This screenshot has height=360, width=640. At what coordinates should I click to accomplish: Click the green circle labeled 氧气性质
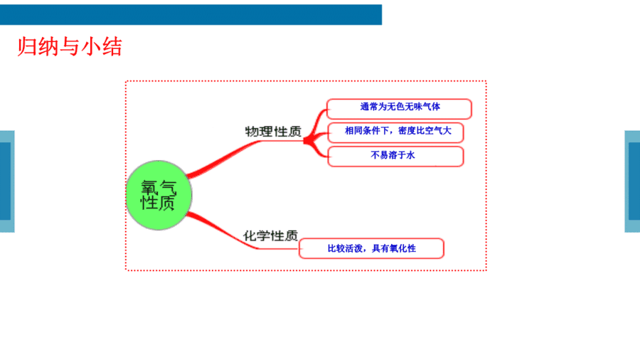click(159, 196)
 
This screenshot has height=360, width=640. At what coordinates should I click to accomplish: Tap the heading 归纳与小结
click(70, 46)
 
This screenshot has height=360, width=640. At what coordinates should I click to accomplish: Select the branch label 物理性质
click(273, 132)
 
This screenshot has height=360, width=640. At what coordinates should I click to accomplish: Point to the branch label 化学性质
click(271, 235)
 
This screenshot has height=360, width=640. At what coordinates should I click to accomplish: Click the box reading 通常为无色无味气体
click(399, 109)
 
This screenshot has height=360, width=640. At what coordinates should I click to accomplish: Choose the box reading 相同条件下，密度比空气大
click(395, 132)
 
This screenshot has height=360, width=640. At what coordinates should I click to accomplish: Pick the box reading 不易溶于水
click(395, 157)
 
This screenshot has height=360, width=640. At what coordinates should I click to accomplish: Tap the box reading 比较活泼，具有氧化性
click(371, 248)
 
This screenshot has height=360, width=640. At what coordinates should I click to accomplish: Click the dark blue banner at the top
click(191, 15)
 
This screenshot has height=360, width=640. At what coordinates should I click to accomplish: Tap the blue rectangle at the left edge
click(7, 181)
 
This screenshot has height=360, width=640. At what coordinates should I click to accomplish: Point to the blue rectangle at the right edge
click(632, 181)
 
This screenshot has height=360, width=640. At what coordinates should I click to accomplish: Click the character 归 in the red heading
click(27, 46)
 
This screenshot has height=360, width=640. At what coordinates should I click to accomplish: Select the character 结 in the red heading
click(112, 46)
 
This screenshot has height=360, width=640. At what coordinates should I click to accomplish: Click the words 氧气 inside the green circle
click(159, 187)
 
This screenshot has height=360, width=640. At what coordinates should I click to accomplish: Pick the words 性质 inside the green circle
click(158, 203)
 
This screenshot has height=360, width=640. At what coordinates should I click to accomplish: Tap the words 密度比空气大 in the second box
click(425, 131)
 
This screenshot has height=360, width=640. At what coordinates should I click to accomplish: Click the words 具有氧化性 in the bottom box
click(394, 248)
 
